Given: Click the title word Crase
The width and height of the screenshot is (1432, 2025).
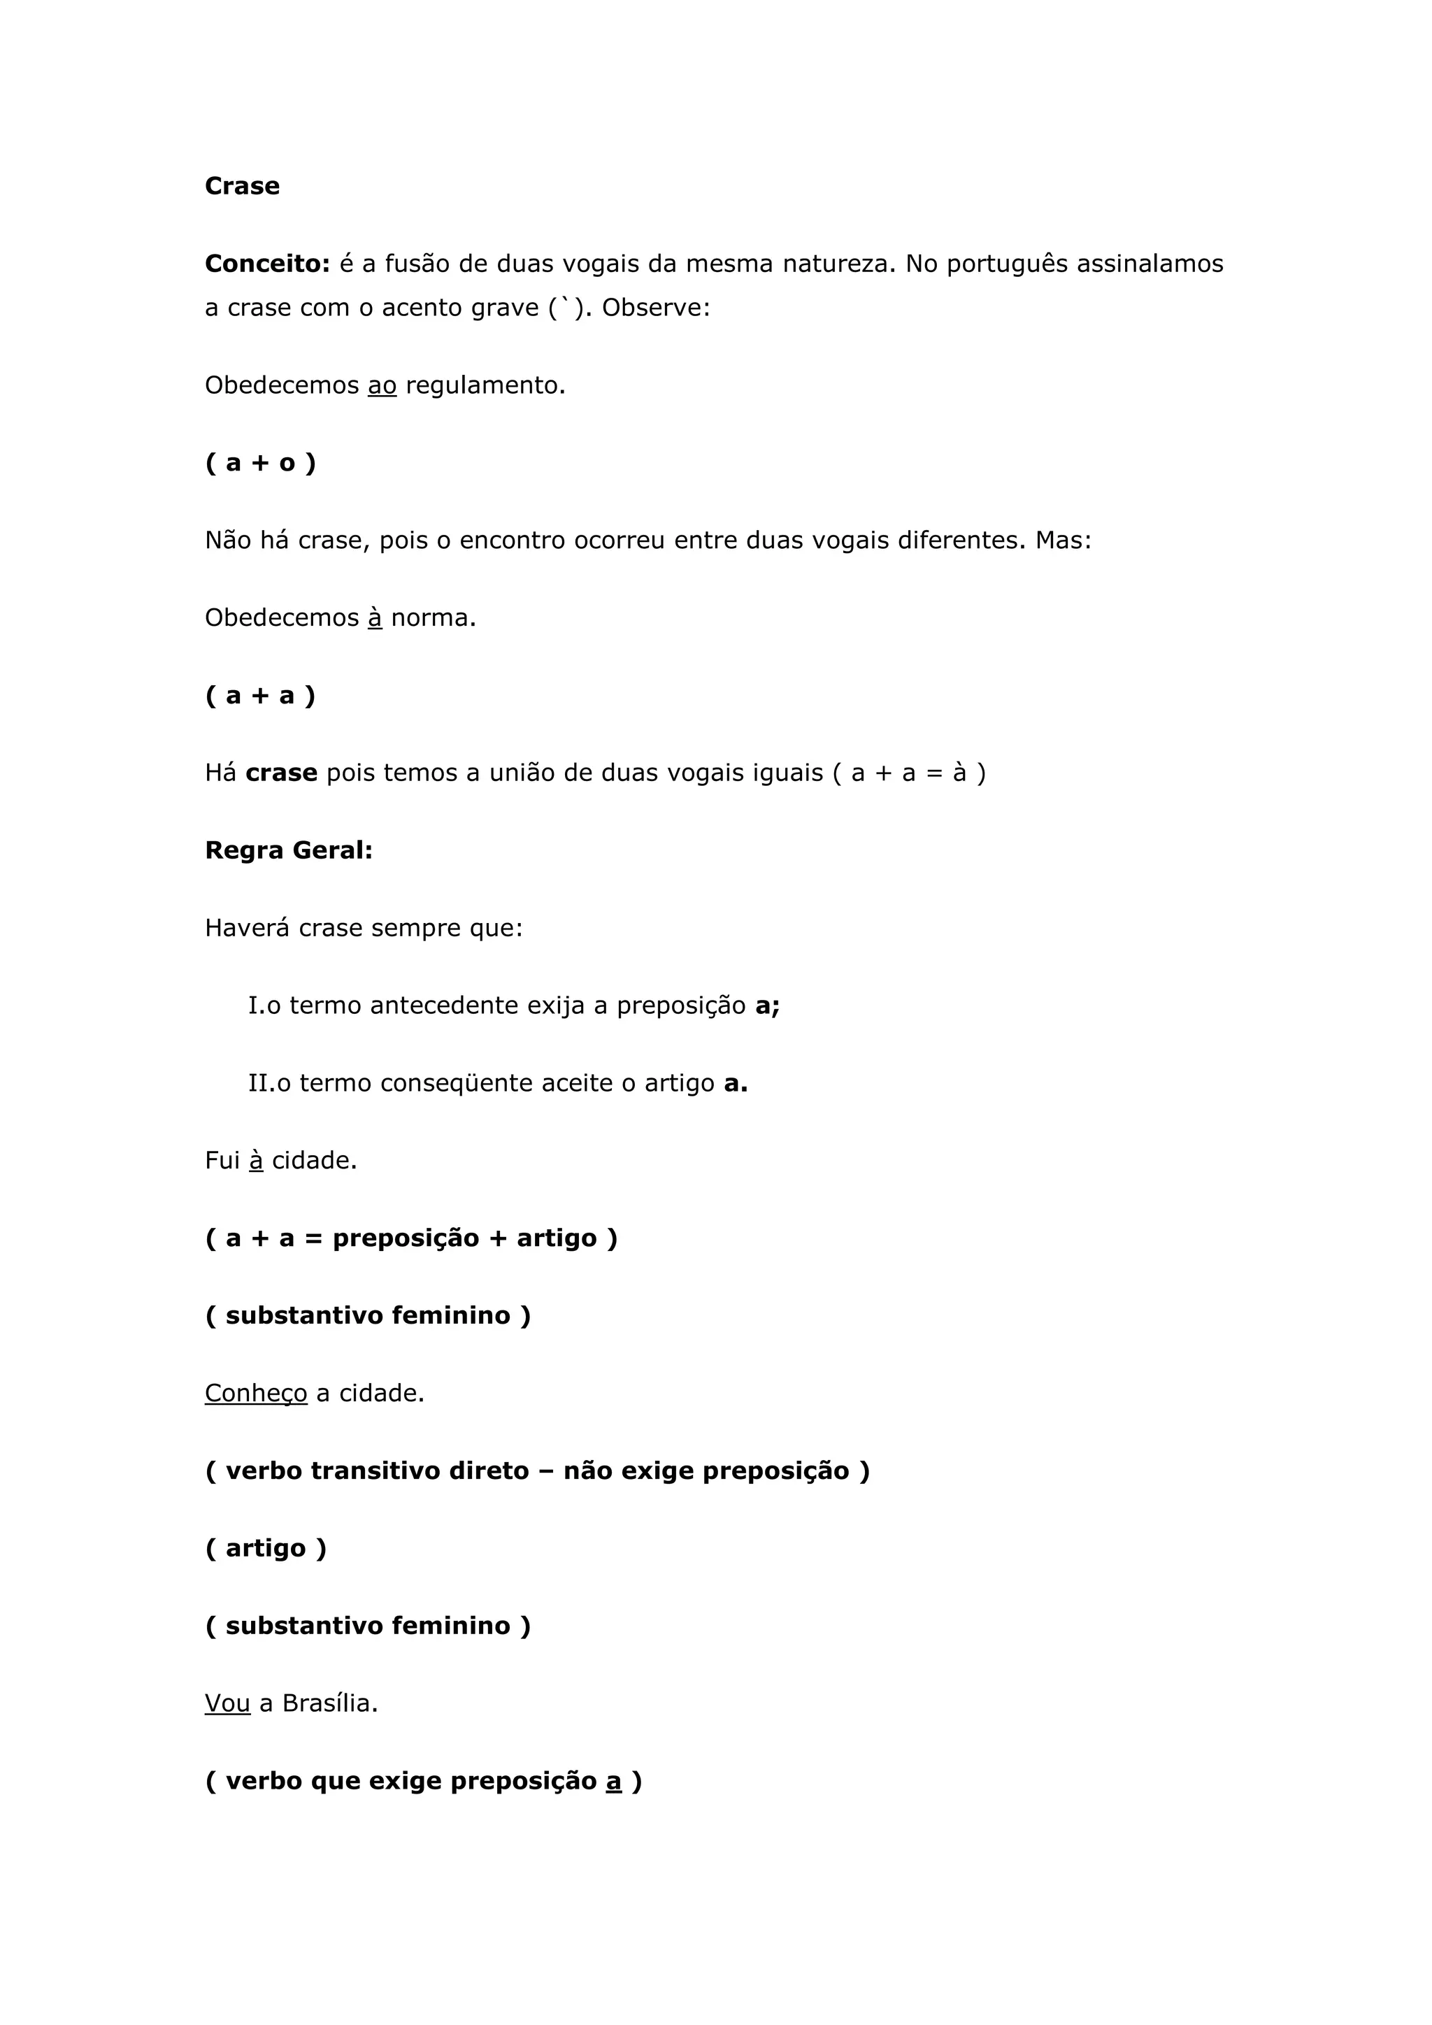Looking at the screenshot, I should click(x=242, y=186).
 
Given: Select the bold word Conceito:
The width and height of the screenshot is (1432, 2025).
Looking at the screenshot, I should click(x=267, y=264).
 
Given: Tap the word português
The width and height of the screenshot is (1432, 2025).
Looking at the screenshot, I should click(x=1007, y=264).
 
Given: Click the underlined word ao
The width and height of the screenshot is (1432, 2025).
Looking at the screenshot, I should click(x=382, y=385).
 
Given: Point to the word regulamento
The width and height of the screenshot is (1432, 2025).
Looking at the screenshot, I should click(x=485, y=385).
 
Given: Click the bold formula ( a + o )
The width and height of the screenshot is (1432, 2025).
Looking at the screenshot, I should click(x=260, y=463).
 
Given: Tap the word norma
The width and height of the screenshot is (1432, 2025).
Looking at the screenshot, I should click(x=433, y=617).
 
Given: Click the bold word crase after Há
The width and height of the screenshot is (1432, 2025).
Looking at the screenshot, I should click(x=281, y=773).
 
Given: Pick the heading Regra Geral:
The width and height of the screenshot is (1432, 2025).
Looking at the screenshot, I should click(x=288, y=850).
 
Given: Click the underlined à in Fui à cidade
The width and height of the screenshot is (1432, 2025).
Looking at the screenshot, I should click(x=257, y=1161).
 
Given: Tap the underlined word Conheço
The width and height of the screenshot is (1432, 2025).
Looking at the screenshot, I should click(x=256, y=1394).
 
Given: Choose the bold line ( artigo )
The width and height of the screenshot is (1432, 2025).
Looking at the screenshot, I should click(x=266, y=1549).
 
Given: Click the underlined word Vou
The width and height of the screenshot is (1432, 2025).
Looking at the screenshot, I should click(x=227, y=1703).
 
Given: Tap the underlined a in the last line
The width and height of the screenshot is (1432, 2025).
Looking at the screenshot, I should click(x=614, y=1781).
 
